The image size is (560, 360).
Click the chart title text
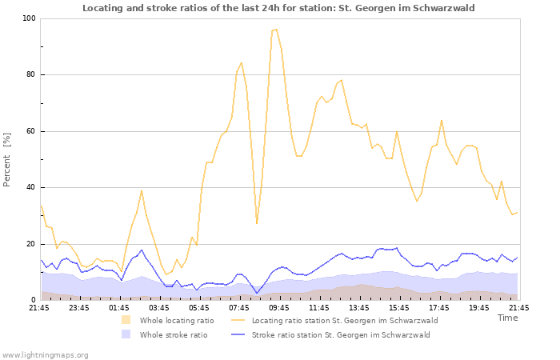[289, 8]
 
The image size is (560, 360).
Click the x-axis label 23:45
[79, 307]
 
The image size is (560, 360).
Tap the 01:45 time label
[119, 307]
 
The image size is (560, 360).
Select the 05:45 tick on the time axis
[199, 307]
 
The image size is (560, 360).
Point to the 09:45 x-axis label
[279, 307]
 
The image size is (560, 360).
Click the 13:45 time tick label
[359, 307]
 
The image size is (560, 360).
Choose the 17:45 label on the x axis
[439, 307]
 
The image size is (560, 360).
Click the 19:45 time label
[479, 307]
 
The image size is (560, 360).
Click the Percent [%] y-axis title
[7, 159]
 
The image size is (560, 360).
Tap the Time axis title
[508, 318]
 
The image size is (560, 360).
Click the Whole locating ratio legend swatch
[126, 320]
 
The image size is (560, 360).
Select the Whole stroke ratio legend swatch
[126, 334]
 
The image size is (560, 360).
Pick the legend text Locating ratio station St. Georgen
[345, 320]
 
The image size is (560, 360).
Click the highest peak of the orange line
[275, 30]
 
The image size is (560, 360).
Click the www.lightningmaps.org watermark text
[45, 354]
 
